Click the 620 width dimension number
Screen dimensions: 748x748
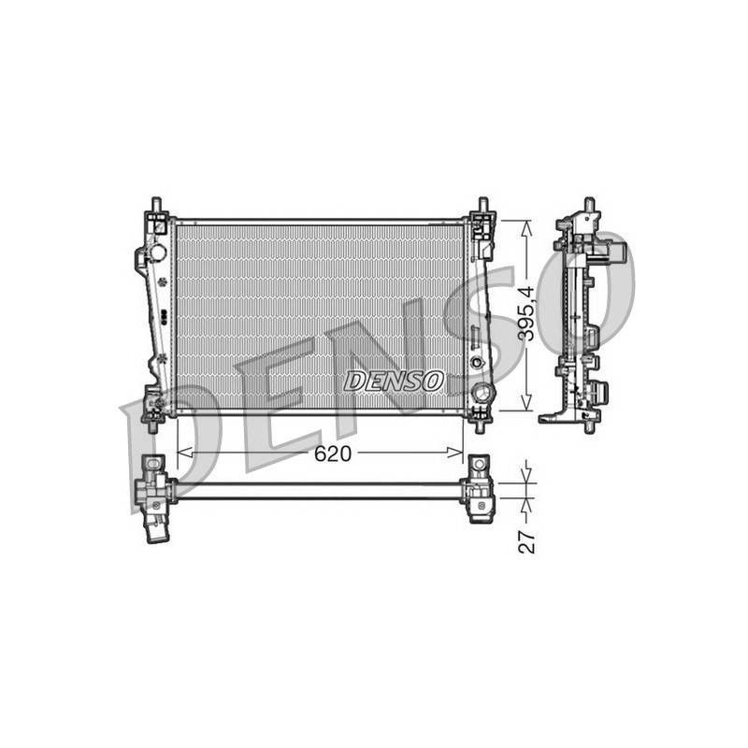[333, 454]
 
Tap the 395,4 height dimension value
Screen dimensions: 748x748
[526, 312]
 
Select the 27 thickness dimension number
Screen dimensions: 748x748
[526, 541]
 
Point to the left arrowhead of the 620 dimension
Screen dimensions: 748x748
[184, 452]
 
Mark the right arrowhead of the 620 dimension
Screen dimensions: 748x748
[454, 452]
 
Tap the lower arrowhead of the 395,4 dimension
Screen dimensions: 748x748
[526, 402]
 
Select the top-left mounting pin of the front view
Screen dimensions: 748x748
[155, 205]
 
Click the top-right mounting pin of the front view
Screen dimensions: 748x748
[482, 205]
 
